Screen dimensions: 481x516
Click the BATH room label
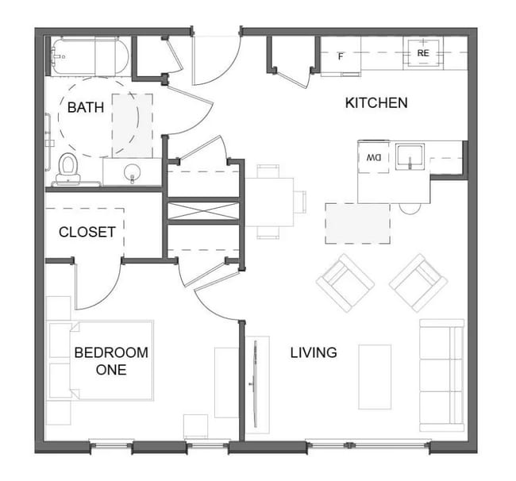pyautogui.click(x=85, y=107)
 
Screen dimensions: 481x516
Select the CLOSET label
pyautogui.click(x=87, y=233)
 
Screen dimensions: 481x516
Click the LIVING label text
pyautogui.click(x=313, y=352)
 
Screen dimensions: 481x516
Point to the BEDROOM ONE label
pyautogui.click(x=110, y=361)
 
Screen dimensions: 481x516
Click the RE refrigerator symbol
pyautogui.click(x=423, y=54)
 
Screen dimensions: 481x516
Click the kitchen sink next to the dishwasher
pyautogui.click(x=410, y=157)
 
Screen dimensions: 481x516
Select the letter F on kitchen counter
pyautogui.click(x=341, y=56)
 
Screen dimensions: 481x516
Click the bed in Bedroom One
pyautogui.click(x=111, y=360)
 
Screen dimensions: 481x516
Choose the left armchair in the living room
pyautogui.click(x=345, y=282)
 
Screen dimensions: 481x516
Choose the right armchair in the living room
pyautogui.click(x=418, y=282)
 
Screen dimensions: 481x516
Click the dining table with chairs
pyautogui.click(x=269, y=202)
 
